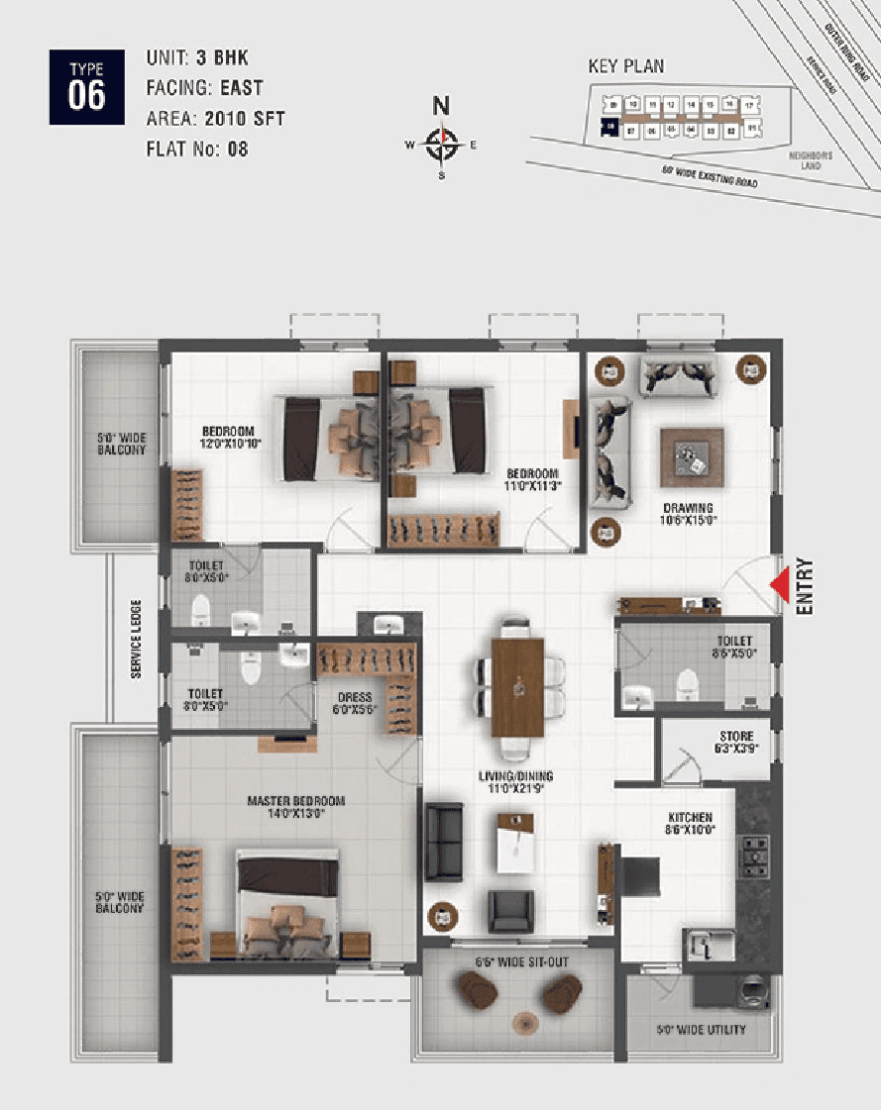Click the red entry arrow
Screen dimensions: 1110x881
click(x=781, y=584)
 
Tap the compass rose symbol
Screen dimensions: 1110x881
click(x=442, y=145)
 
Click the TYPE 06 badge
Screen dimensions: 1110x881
click(x=86, y=86)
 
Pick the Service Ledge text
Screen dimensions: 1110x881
click(x=136, y=640)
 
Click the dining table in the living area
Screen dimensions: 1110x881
click(x=518, y=686)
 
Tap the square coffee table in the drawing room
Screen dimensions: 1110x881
click(x=692, y=457)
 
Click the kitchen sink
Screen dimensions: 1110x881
click(x=708, y=945)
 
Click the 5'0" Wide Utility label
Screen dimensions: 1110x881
click(x=701, y=1030)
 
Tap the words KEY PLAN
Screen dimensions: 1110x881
click(x=626, y=67)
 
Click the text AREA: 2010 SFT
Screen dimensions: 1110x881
click(x=215, y=119)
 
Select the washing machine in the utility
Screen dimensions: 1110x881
click(x=752, y=991)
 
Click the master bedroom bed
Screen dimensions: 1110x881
click(x=288, y=902)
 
